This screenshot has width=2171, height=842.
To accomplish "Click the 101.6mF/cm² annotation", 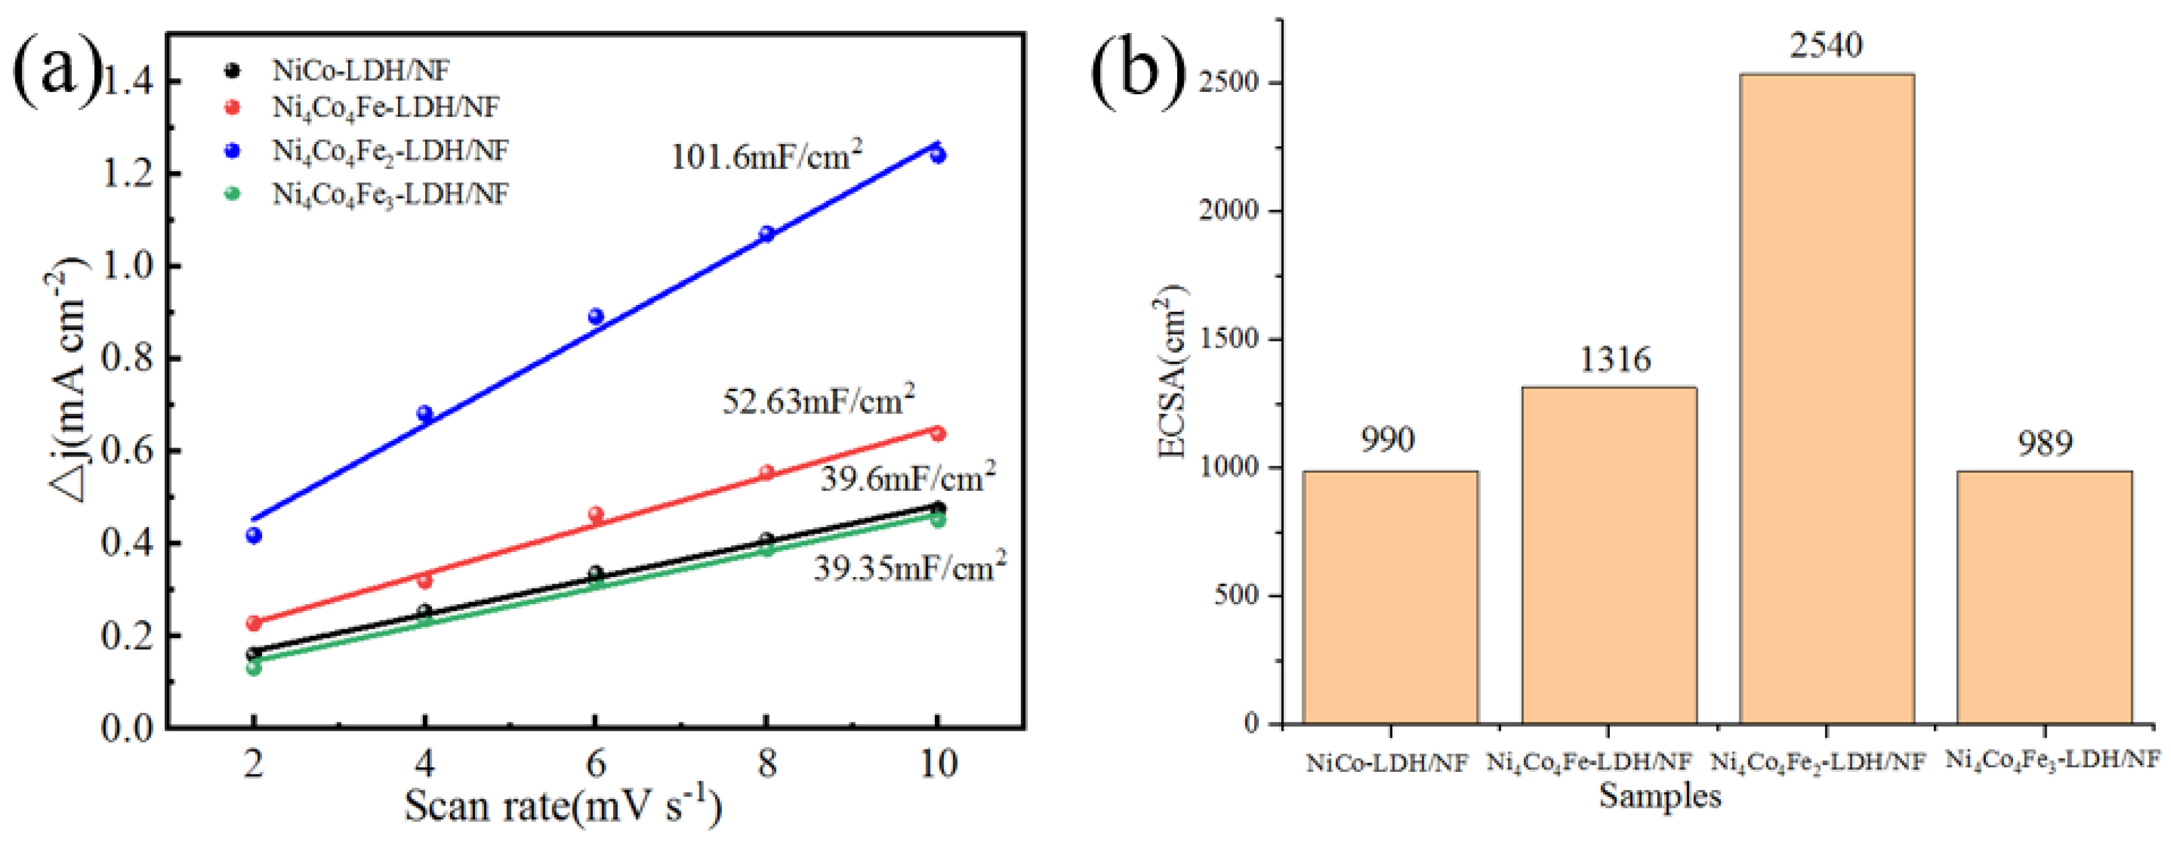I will click(765, 156).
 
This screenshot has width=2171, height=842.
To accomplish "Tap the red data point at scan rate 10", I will click(937, 433).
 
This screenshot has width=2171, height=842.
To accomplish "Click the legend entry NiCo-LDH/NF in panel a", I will click(360, 70).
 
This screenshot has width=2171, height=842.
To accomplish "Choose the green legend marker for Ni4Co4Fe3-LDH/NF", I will click(233, 194).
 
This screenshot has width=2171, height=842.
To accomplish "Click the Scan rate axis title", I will click(563, 806).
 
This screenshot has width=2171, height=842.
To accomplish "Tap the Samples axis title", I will click(1660, 796).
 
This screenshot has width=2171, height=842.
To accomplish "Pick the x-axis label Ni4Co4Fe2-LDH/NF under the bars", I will click(1818, 763).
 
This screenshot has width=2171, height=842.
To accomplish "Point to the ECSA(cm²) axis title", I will click(1173, 371).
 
